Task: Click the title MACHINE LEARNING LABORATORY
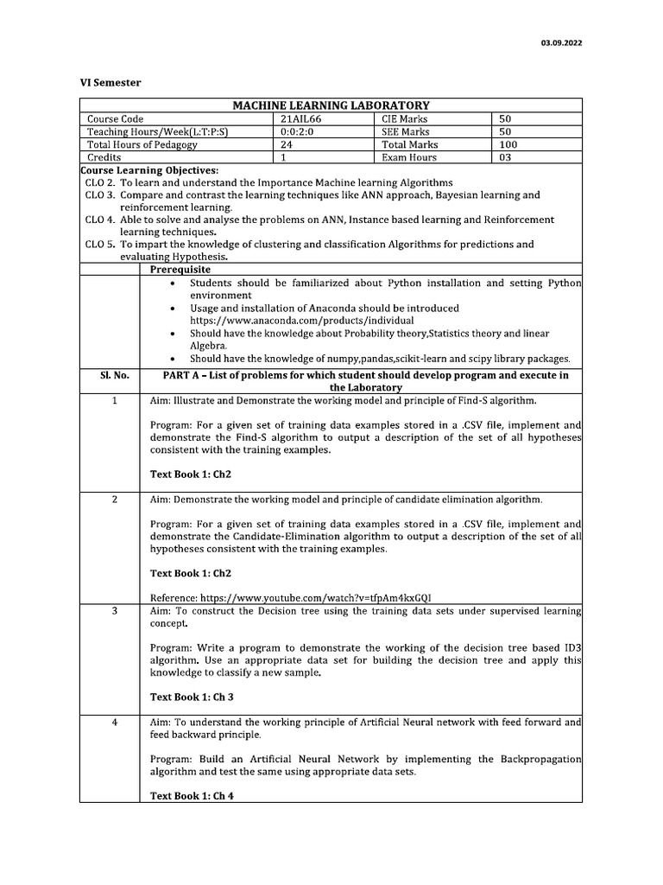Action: click(331, 105)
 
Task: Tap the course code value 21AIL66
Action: click(301, 119)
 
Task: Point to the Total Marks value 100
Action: click(508, 145)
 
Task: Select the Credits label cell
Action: click(104, 158)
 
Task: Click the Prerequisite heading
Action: click(180, 270)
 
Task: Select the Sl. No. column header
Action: click(110, 376)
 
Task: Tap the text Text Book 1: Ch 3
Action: click(192, 697)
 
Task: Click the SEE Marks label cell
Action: click(405, 132)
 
